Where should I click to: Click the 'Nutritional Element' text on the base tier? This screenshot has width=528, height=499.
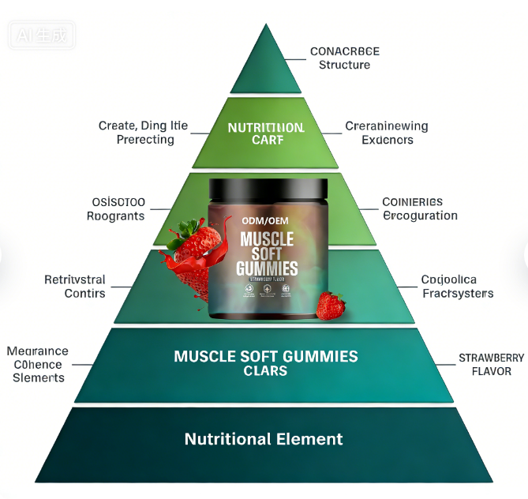(264, 439)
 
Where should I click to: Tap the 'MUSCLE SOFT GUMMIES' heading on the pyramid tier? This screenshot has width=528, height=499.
(266, 356)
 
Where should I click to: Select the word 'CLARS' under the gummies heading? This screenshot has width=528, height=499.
(265, 371)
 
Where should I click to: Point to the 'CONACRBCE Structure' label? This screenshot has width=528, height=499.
(344, 58)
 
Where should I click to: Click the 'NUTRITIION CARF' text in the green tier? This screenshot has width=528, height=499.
(265, 133)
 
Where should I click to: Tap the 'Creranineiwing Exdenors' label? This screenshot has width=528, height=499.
(387, 133)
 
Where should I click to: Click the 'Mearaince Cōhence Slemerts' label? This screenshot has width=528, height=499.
(37, 364)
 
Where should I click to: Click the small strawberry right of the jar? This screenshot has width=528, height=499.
(331, 306)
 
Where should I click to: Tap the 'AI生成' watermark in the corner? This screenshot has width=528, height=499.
(39, 35)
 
